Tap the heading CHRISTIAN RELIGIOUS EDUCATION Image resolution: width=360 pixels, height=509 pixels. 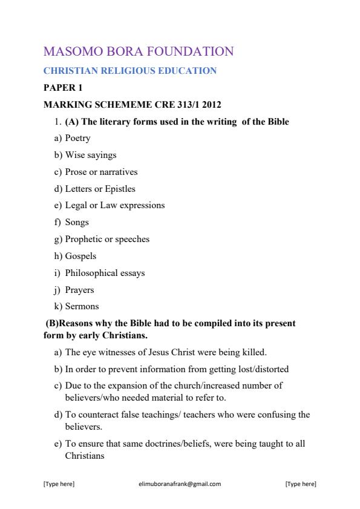pyautogui.click(x=130, y=71)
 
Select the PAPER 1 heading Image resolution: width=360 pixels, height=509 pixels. pyautogui.click(x=63, y=88)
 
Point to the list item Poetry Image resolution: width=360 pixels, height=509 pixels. pyautogui.click(x=77, y=138)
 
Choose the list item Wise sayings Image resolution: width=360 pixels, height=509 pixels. pyautogui.click(x=91, y=155)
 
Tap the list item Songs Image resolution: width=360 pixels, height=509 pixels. pyautogui.click(x=77, y=222)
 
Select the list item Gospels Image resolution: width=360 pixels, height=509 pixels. pyautogui.click(x=80, y=256)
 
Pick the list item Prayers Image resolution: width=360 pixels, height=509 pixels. pyautogui.click(x=79, y=290)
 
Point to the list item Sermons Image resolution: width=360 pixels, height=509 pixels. pyautogui.click(x=82, y=306)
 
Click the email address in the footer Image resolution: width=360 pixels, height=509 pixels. pyautogui.click(x=180, y=484)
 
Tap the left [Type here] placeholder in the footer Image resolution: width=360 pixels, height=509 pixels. pyautogui.click(x=59, y=484)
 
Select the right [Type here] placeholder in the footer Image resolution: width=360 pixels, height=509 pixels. pyautogui.click(x=300, y=484)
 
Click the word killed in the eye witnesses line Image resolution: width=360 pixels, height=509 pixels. pyautogui.click(x=253, y=352)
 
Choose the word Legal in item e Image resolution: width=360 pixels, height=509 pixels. pyautogui.click(x=76, y=205)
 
